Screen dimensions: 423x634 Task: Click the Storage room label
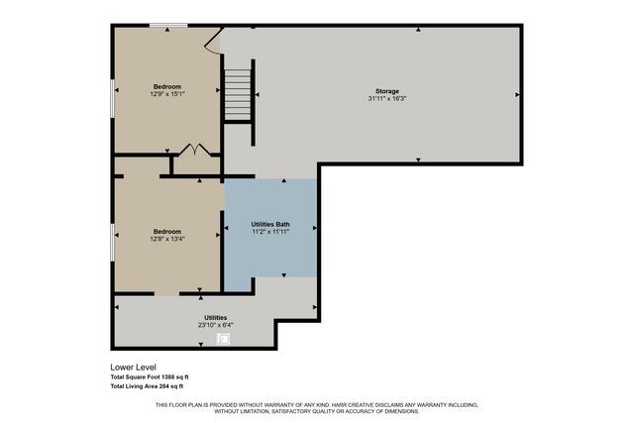[x=386, y=90]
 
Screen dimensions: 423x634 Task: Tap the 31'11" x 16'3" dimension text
[x=386, y=98]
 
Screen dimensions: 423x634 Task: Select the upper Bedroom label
[x=167, y=86]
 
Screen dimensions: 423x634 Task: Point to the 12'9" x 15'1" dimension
[x=167, y=94]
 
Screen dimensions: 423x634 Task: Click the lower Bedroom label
[x=167, y=230]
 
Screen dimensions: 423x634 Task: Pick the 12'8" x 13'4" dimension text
[x=167, y=238]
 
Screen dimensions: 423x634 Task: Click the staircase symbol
[x=239, y=95]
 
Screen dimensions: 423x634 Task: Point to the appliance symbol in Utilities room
[x=223, y=339]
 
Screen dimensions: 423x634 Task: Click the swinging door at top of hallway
[x=212, y=40]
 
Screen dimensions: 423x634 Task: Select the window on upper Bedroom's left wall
[x=112, y=96]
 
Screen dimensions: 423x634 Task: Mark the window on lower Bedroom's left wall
[x=112, y=241]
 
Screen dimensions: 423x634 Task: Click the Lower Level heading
[x=134, y=367]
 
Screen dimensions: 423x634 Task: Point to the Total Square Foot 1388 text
[x=149, y=376]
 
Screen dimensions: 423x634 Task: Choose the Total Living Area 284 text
[x=147, y=385]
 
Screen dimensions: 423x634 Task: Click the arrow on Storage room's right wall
[x=516, y=94]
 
